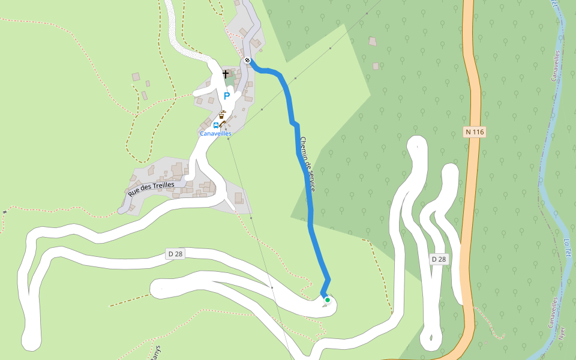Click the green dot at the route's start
328,300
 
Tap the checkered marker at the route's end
247,59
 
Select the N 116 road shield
474,131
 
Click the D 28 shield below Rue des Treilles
175,254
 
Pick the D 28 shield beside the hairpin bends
439,259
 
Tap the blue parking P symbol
227,96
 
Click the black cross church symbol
226,74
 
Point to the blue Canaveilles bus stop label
215,133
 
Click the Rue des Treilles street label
151,189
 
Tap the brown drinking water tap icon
222,114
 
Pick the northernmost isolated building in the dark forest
373,41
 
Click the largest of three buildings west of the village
136,77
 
